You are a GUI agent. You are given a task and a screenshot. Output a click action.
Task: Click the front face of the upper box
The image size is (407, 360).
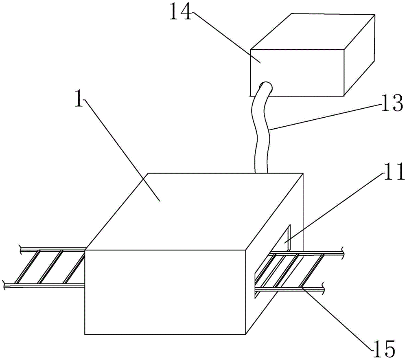click(x=297, y=72)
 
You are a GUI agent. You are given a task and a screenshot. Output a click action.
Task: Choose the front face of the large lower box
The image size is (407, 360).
click(x=165, y=291)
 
